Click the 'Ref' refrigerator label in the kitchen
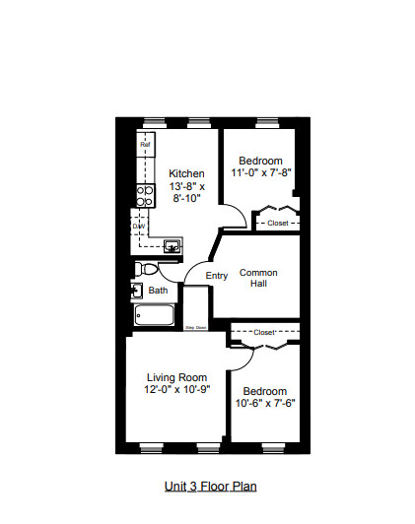point(145,145)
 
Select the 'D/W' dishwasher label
point(139,227)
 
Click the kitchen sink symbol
point(172,246)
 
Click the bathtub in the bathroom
point(156,315)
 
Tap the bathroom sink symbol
point(136,291)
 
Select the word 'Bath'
point(158,291)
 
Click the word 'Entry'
point(217,275)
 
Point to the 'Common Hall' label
point(258,278)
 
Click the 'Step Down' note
point(195,327)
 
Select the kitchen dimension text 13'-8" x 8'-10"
point(186,192)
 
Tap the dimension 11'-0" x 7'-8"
point(261,173)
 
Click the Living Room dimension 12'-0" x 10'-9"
point(176,390)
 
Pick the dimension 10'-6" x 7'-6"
point(265,403)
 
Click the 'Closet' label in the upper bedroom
point(278,224)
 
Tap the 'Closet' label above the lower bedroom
point(264,333)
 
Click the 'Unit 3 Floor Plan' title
point(211,486)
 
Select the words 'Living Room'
point(176,377)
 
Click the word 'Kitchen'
point(186,173)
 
